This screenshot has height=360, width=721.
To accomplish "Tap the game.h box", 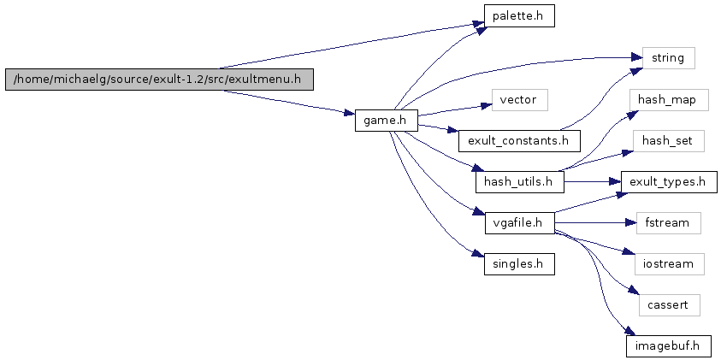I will (386, 121).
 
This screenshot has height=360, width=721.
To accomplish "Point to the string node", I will (663, 58).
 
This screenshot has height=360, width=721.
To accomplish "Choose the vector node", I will (518, 100).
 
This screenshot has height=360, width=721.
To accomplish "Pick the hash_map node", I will (668, 100).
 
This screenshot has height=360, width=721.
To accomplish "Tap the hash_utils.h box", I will (518, 181).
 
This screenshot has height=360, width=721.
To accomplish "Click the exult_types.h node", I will (668, 181).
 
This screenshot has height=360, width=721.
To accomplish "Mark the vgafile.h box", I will (518, 223).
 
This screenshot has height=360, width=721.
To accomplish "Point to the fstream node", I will (668, 223).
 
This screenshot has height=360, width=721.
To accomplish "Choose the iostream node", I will (668, 264).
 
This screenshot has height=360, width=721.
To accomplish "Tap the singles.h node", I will (518, 264).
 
